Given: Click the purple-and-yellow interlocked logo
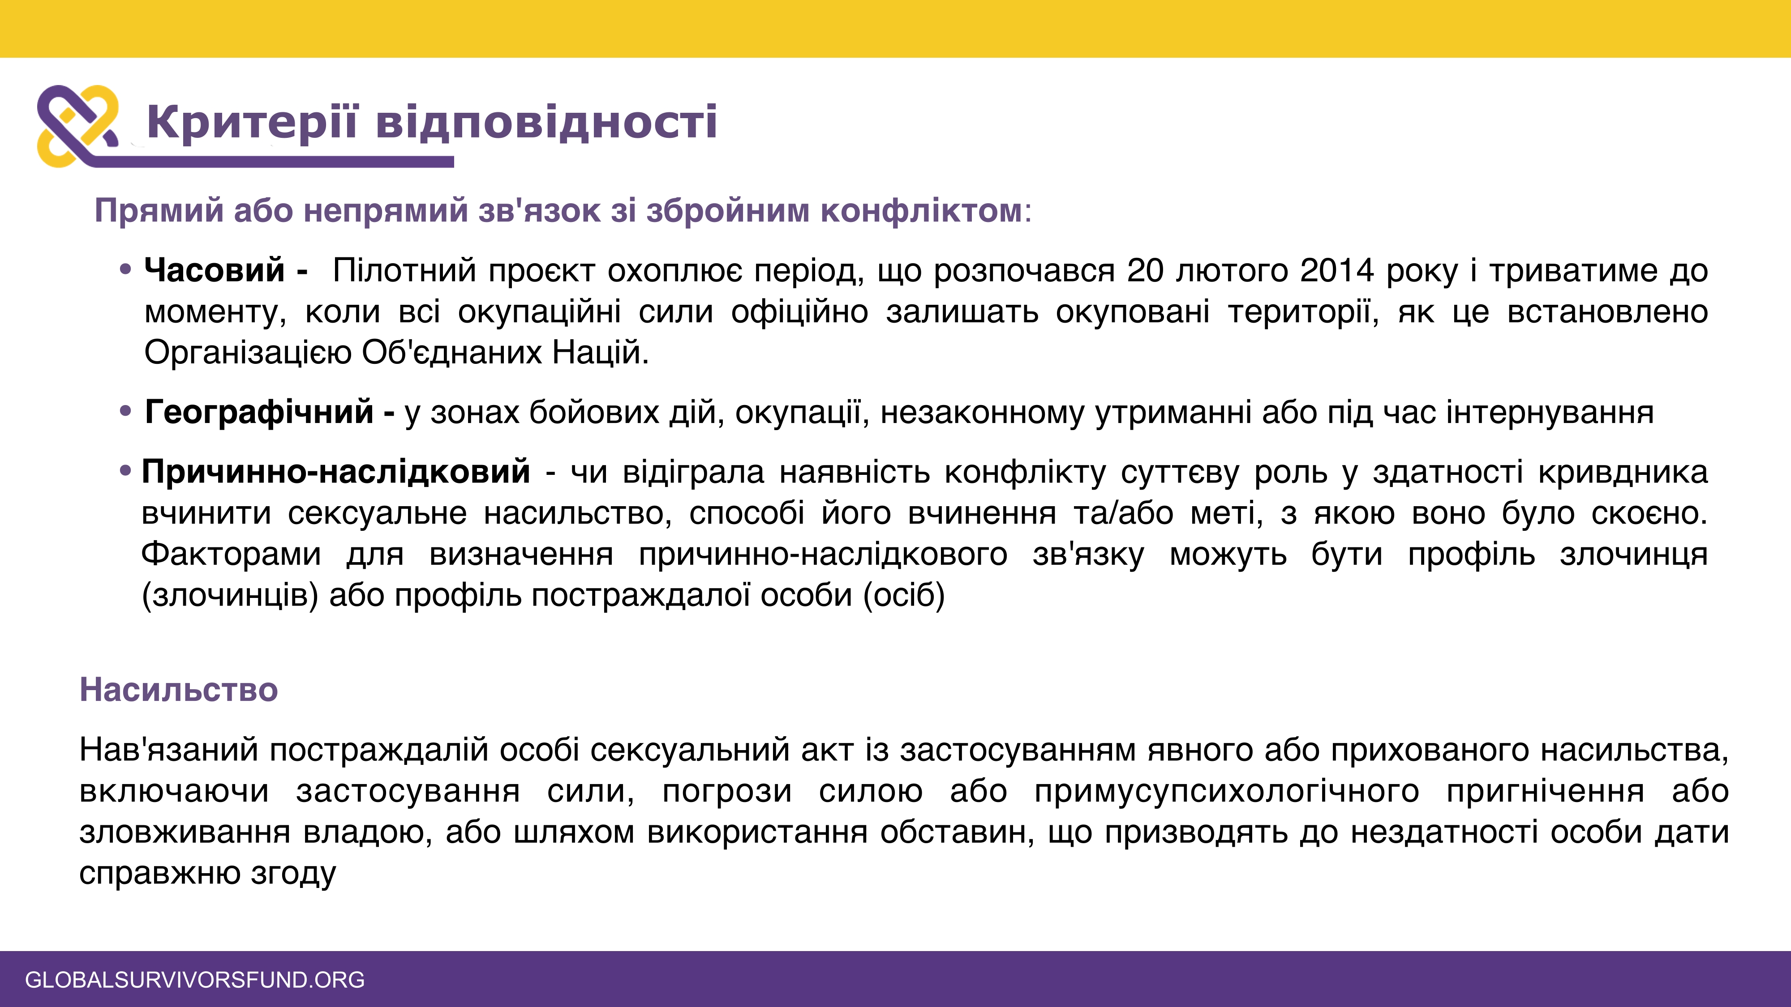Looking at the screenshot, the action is pyautogui.click(x=78, y=126).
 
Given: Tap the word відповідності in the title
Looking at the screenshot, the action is pyautogui.click(x=546, y=124).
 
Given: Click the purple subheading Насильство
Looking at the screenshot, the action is pyautogui.click(x=179, y=690).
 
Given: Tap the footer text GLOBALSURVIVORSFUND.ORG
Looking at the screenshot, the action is pyautogui.click(x=195, y=979).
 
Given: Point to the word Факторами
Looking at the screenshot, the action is pyautogui.click(x=232, y=555).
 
